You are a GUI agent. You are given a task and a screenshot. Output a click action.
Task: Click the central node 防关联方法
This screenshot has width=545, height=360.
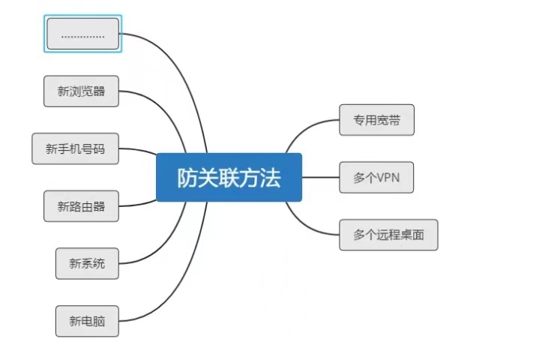pyautogui.click(x=229, y=178)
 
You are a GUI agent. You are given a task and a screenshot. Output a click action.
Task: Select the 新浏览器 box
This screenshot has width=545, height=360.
pyautogui.click(x=81, y=91)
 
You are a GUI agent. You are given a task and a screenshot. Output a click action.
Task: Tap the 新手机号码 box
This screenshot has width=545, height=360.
pyautogui.click(x=75, y=148)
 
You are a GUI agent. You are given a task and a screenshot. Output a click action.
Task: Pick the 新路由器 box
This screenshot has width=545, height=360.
pyautogui.click(x=81, y=206)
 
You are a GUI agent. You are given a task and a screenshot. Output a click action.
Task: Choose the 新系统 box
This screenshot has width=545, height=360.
pyautogui.click(x=87, y=263)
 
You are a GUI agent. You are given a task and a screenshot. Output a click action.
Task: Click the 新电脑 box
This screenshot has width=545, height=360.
pyautogui.click(x=87, y=321)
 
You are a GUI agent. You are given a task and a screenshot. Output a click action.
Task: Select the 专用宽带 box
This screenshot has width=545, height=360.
pyautogui.click(x=376, y=120)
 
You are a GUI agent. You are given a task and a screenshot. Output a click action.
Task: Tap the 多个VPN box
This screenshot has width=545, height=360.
pyautogui.click(x=376, y=178)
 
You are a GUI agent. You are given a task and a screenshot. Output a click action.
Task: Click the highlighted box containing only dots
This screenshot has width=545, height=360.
pyautogui.click(x=82, y=34)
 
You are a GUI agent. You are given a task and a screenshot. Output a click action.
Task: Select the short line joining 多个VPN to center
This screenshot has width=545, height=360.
pyautogui.click(x=320, y=178)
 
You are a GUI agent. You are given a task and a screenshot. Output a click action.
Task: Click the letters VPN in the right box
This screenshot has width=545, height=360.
pyautogui.click(x=388, y=178)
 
